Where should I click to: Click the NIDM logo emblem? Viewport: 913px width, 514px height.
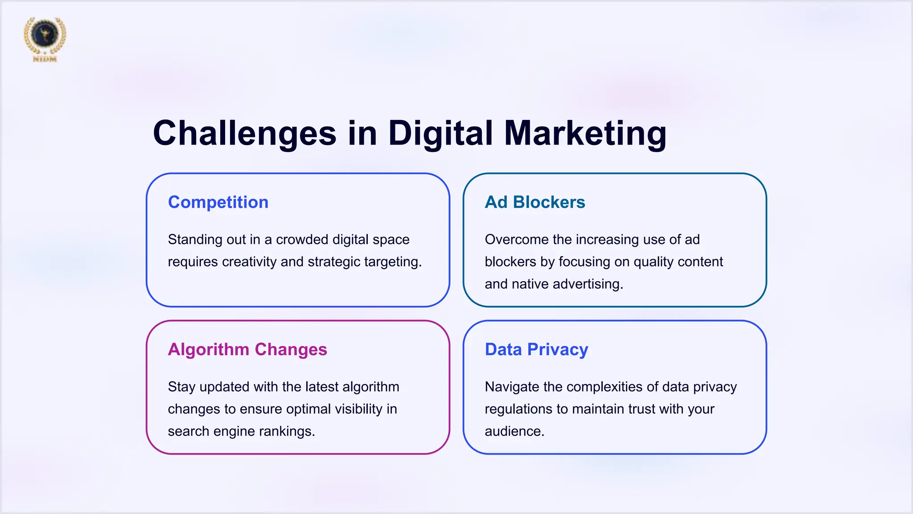coord(45,37)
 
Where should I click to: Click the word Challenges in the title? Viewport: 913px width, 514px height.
coord(244,133)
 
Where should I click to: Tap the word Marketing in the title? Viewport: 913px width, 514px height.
coord(585,133)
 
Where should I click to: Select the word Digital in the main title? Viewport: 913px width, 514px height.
coord(440,133)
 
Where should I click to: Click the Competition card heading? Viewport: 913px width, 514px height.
coord(218,202)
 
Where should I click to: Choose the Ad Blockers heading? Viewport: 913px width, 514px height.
coord(535,202)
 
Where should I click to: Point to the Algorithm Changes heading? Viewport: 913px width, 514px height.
coord(247,349)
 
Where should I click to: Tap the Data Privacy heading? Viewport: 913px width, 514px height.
coord(536,349)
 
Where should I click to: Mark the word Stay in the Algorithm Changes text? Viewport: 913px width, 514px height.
coord(181,387)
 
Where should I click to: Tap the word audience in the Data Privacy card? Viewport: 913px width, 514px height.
coord(514,431)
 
